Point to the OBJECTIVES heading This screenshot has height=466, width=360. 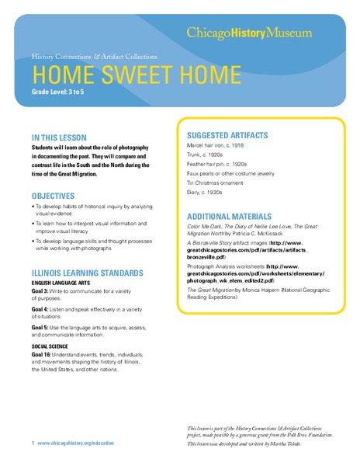pos(54,196)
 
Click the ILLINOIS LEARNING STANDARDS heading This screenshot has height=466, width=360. pos(87,273)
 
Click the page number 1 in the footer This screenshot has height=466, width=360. pos(33,443)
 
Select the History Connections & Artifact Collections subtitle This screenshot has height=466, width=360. pos(95,57)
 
